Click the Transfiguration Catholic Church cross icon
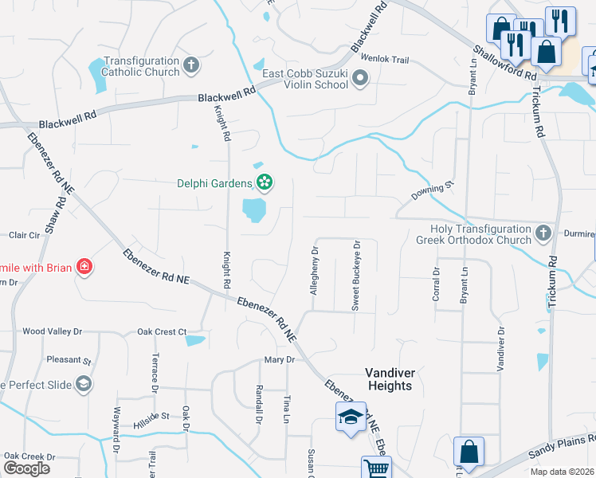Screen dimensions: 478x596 191,65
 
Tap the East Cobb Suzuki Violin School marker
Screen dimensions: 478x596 360,78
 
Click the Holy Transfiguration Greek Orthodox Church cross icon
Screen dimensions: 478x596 543,233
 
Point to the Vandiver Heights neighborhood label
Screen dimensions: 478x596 389,378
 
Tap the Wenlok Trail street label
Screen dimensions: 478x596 384,60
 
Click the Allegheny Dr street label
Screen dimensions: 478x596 315,271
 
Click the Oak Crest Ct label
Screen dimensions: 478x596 161,331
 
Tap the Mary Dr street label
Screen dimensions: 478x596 279,360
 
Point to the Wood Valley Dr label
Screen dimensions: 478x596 53,331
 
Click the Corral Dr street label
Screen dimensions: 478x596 436,283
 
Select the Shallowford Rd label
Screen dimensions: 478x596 504,61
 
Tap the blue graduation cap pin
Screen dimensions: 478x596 350,417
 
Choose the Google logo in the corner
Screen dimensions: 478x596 26,468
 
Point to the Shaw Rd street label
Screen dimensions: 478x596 53,217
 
